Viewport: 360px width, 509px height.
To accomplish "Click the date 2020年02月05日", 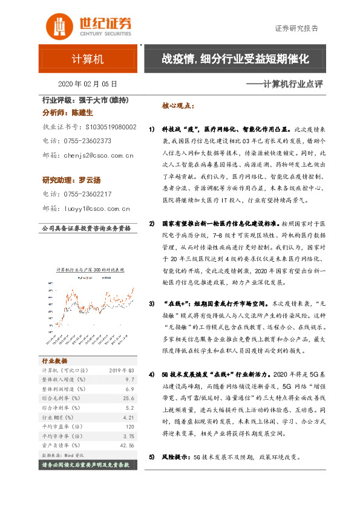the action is (x=87, y=84).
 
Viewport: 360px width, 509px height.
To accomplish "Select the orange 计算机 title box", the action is (x=88, y=59).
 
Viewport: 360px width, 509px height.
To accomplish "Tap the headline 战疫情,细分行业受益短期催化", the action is (x=235, y=59).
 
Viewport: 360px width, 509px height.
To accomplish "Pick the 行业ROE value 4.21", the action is (x=127, y=417).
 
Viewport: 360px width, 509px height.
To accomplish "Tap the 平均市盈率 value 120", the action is (x=129, y=427).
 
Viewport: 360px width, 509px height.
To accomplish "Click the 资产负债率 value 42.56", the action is (x=126, y=446).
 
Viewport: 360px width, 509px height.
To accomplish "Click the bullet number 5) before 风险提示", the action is (x=152, y=457).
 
